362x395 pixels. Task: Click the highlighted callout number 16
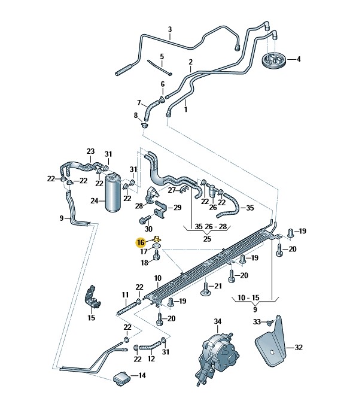point(141,242)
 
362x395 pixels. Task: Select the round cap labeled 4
point(275,60)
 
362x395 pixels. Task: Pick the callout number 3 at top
point(170,29)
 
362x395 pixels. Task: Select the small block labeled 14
point(122,378)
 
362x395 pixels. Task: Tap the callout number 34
point(217,322)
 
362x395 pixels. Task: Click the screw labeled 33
point(269,323)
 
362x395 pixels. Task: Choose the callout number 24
point(94,201)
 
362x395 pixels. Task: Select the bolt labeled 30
point(144,221)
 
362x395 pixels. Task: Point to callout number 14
point(142,376)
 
